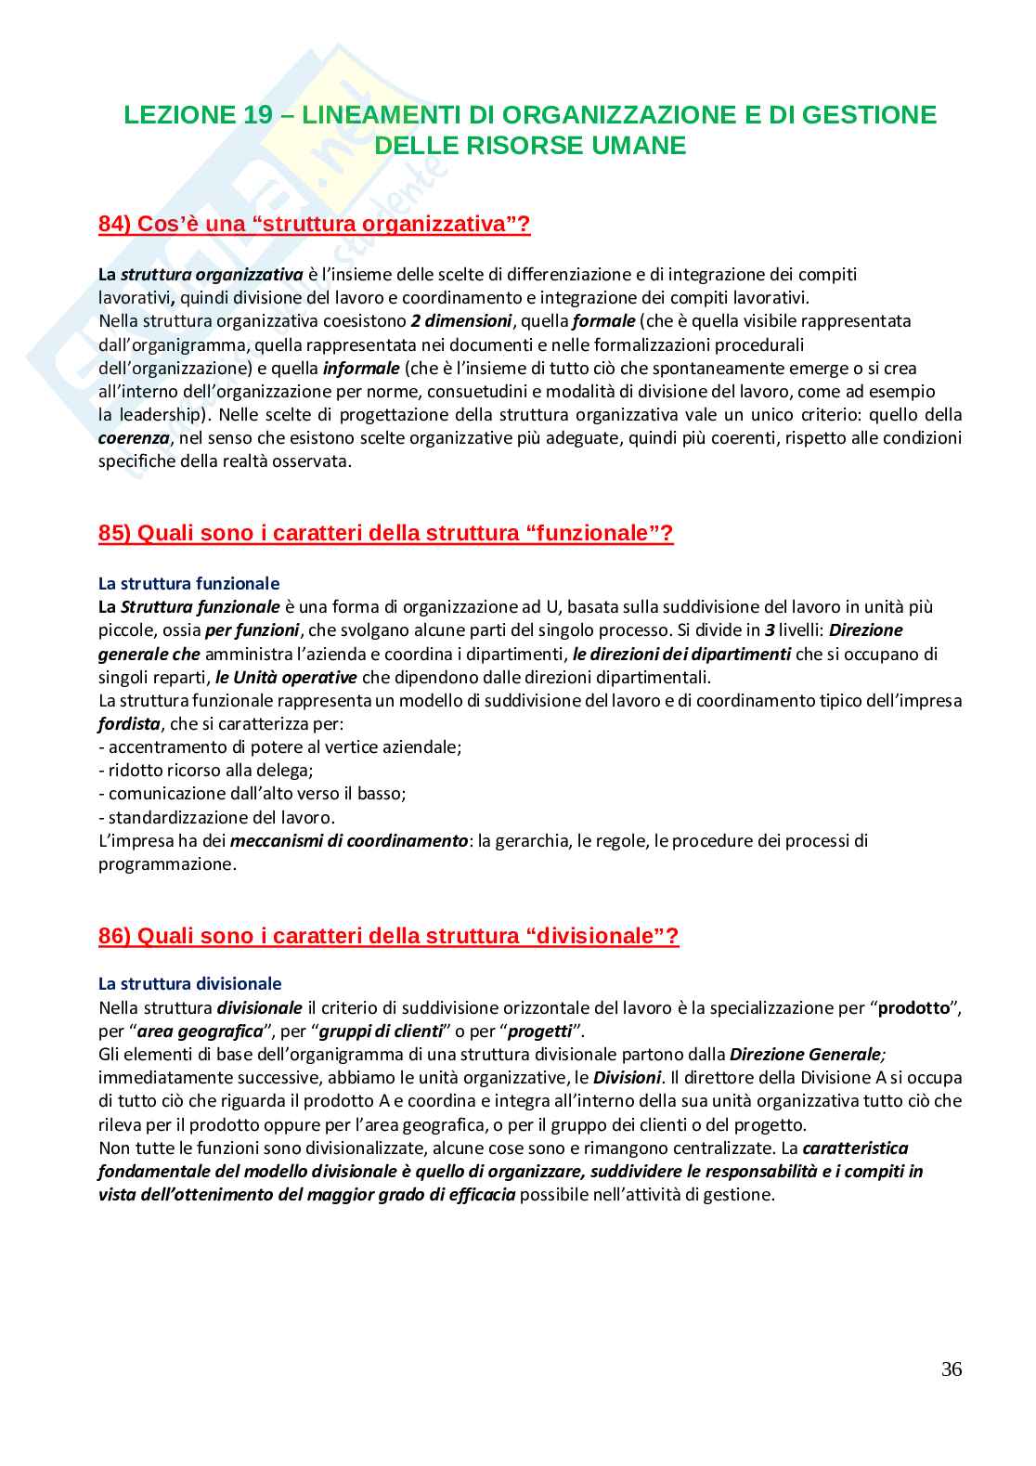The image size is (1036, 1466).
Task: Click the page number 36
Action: (x=951, y=1369)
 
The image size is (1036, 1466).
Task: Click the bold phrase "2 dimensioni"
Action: (x=460, y=321)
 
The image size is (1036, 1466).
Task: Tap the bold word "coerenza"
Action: (x=134, y=438)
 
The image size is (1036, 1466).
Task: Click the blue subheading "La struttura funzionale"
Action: (x=188, y=584)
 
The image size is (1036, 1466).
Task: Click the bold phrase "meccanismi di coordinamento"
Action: (x=348, y=841)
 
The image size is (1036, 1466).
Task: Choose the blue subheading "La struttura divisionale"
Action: (x=189, y=984)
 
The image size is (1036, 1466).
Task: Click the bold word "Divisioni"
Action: (x=627, y=1078)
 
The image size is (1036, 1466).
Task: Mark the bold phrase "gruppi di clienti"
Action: (x=381, y=1031)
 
